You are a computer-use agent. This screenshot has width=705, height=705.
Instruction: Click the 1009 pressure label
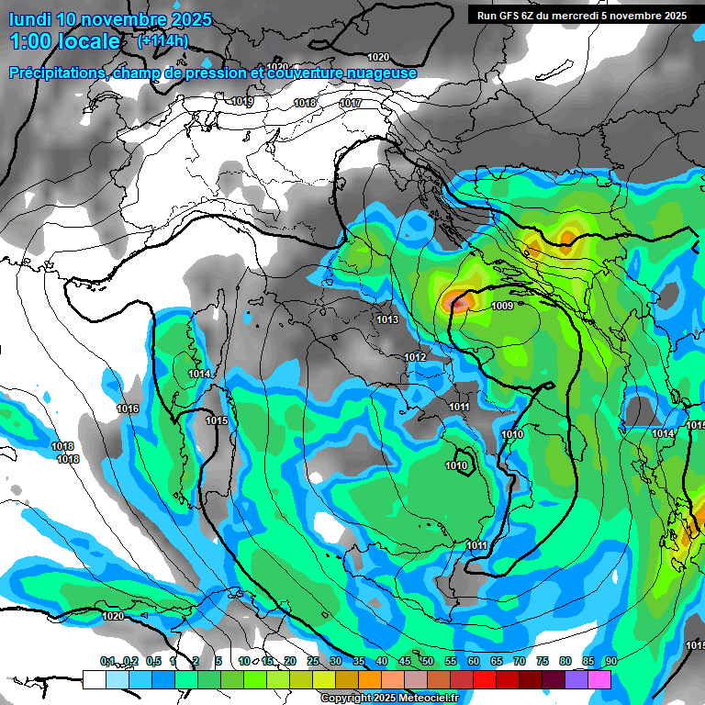502,307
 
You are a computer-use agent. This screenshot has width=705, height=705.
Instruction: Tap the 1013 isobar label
387,319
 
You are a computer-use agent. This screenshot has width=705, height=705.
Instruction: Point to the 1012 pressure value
415,357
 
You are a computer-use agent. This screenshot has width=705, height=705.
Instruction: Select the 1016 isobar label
128,408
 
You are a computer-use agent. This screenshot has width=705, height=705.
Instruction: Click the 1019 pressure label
243,102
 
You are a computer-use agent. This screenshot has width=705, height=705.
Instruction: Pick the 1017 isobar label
351,104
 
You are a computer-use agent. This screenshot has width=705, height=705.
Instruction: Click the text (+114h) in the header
162,40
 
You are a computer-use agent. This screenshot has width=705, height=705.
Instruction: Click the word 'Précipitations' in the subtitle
54,73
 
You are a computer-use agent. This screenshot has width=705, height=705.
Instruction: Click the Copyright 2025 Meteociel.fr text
389,698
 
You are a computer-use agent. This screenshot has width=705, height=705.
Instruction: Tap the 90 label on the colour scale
610,661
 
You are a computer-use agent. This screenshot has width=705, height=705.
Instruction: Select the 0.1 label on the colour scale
107,661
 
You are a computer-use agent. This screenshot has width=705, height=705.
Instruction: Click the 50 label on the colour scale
428,661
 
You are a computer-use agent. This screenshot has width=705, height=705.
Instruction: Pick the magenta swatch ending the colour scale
599,679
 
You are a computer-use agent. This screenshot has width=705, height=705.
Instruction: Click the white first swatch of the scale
94,679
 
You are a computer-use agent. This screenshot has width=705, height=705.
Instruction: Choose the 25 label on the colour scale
313,661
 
